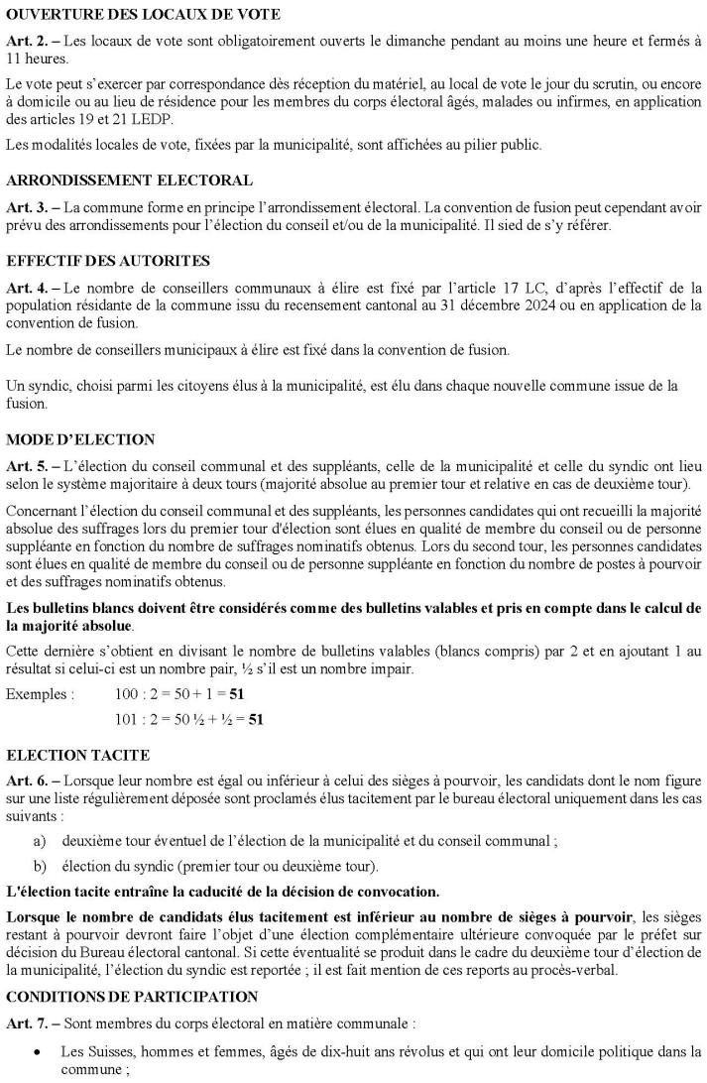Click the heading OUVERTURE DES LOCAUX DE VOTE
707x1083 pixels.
[143, 15]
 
